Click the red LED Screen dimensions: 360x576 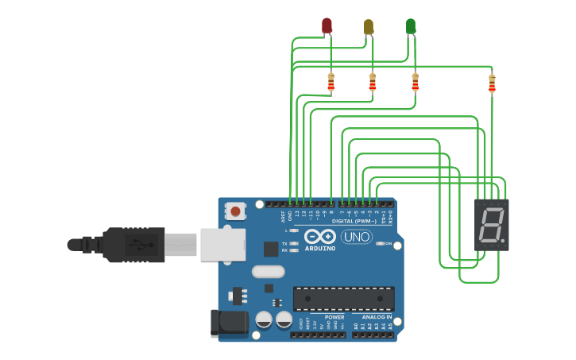point(327,25)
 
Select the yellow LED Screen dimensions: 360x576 point(369,27)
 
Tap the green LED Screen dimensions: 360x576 point(411,26)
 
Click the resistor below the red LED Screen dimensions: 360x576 point(331,82)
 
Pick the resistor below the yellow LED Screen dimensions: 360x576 point(373,82)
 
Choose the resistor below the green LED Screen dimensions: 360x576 point(415,82)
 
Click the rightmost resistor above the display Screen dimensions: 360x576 point(492,82)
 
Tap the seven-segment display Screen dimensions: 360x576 point(492,225)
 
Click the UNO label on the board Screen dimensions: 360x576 point(356,237)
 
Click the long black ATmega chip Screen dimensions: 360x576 point(343,298)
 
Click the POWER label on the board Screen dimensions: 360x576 point(334,316)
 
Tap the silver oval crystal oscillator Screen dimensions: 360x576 point(268,272)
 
